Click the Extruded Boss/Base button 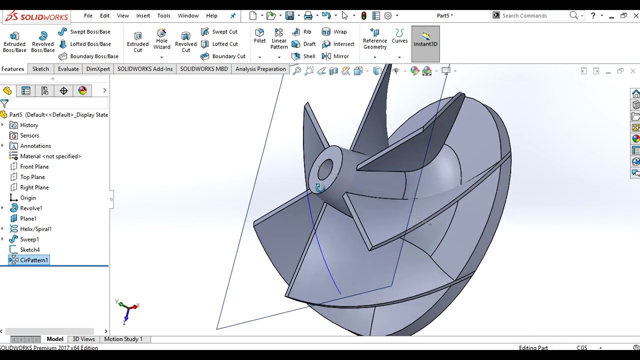pos(14,42)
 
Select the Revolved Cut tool pos(185,42)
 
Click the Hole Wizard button pos(161,40)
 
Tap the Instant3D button pos(425,39)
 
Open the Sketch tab pos(40,69)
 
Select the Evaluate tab pos(68,69)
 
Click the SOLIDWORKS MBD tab pos(204,69)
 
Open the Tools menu pos(163,15)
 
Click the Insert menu pos(143,15)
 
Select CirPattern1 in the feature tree pos(34,260)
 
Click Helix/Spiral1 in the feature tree pos(35,229)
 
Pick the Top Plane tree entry pos(32,177)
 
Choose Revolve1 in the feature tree pos(31,208)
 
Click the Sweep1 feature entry pos(29,239)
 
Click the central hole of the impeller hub pos(325,169)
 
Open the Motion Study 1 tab pos(123,339)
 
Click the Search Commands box pos(532,15)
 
